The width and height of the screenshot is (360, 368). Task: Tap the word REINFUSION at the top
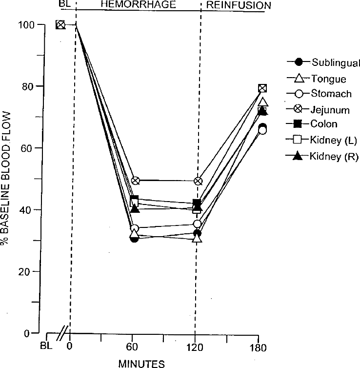tap(238, 5)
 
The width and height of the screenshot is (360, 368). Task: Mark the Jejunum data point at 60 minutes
tap(135, 181)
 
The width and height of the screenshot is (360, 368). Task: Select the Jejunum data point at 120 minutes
tap(198, 181)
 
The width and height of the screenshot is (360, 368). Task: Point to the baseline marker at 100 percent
tap(60, 24)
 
